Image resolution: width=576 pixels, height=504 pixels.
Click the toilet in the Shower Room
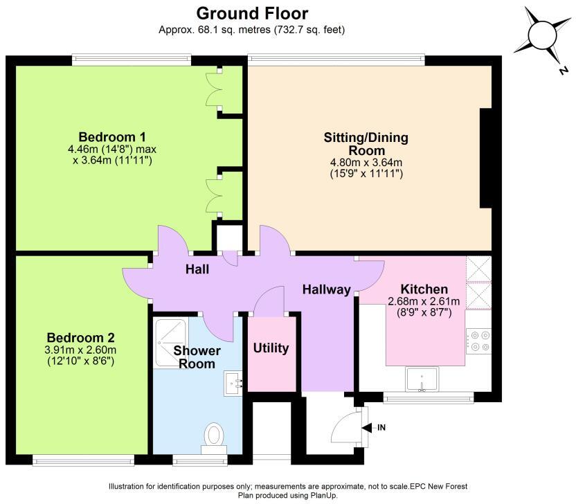(214, 439)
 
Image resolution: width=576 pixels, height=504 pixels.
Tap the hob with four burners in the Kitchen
(478, 341)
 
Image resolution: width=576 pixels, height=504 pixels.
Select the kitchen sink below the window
(422, 379)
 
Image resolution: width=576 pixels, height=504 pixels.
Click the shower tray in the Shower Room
(170, 343)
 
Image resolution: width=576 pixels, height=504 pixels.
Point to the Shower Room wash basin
(233, 384)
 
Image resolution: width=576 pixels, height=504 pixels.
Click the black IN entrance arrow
(367, 428)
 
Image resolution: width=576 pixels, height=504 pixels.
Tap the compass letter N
(562, 70)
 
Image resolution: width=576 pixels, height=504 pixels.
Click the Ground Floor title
(252, 14)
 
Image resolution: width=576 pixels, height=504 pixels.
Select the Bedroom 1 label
(112, 137)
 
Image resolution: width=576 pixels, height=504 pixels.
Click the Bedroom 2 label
(81, 338)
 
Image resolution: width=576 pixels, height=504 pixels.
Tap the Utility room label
(271, 348)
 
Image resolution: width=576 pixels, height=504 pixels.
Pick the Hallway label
(327, 290)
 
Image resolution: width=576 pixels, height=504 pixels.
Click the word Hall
(197, 269)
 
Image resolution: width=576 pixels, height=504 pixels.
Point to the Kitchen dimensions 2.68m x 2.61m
(424, 302)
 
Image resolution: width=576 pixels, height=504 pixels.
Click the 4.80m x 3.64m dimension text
(366, 163)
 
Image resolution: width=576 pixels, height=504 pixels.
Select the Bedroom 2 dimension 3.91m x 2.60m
(80, 350)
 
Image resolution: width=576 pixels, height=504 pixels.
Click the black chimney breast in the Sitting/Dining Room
(485, 159)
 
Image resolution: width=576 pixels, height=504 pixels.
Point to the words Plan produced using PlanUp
(287, 495)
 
